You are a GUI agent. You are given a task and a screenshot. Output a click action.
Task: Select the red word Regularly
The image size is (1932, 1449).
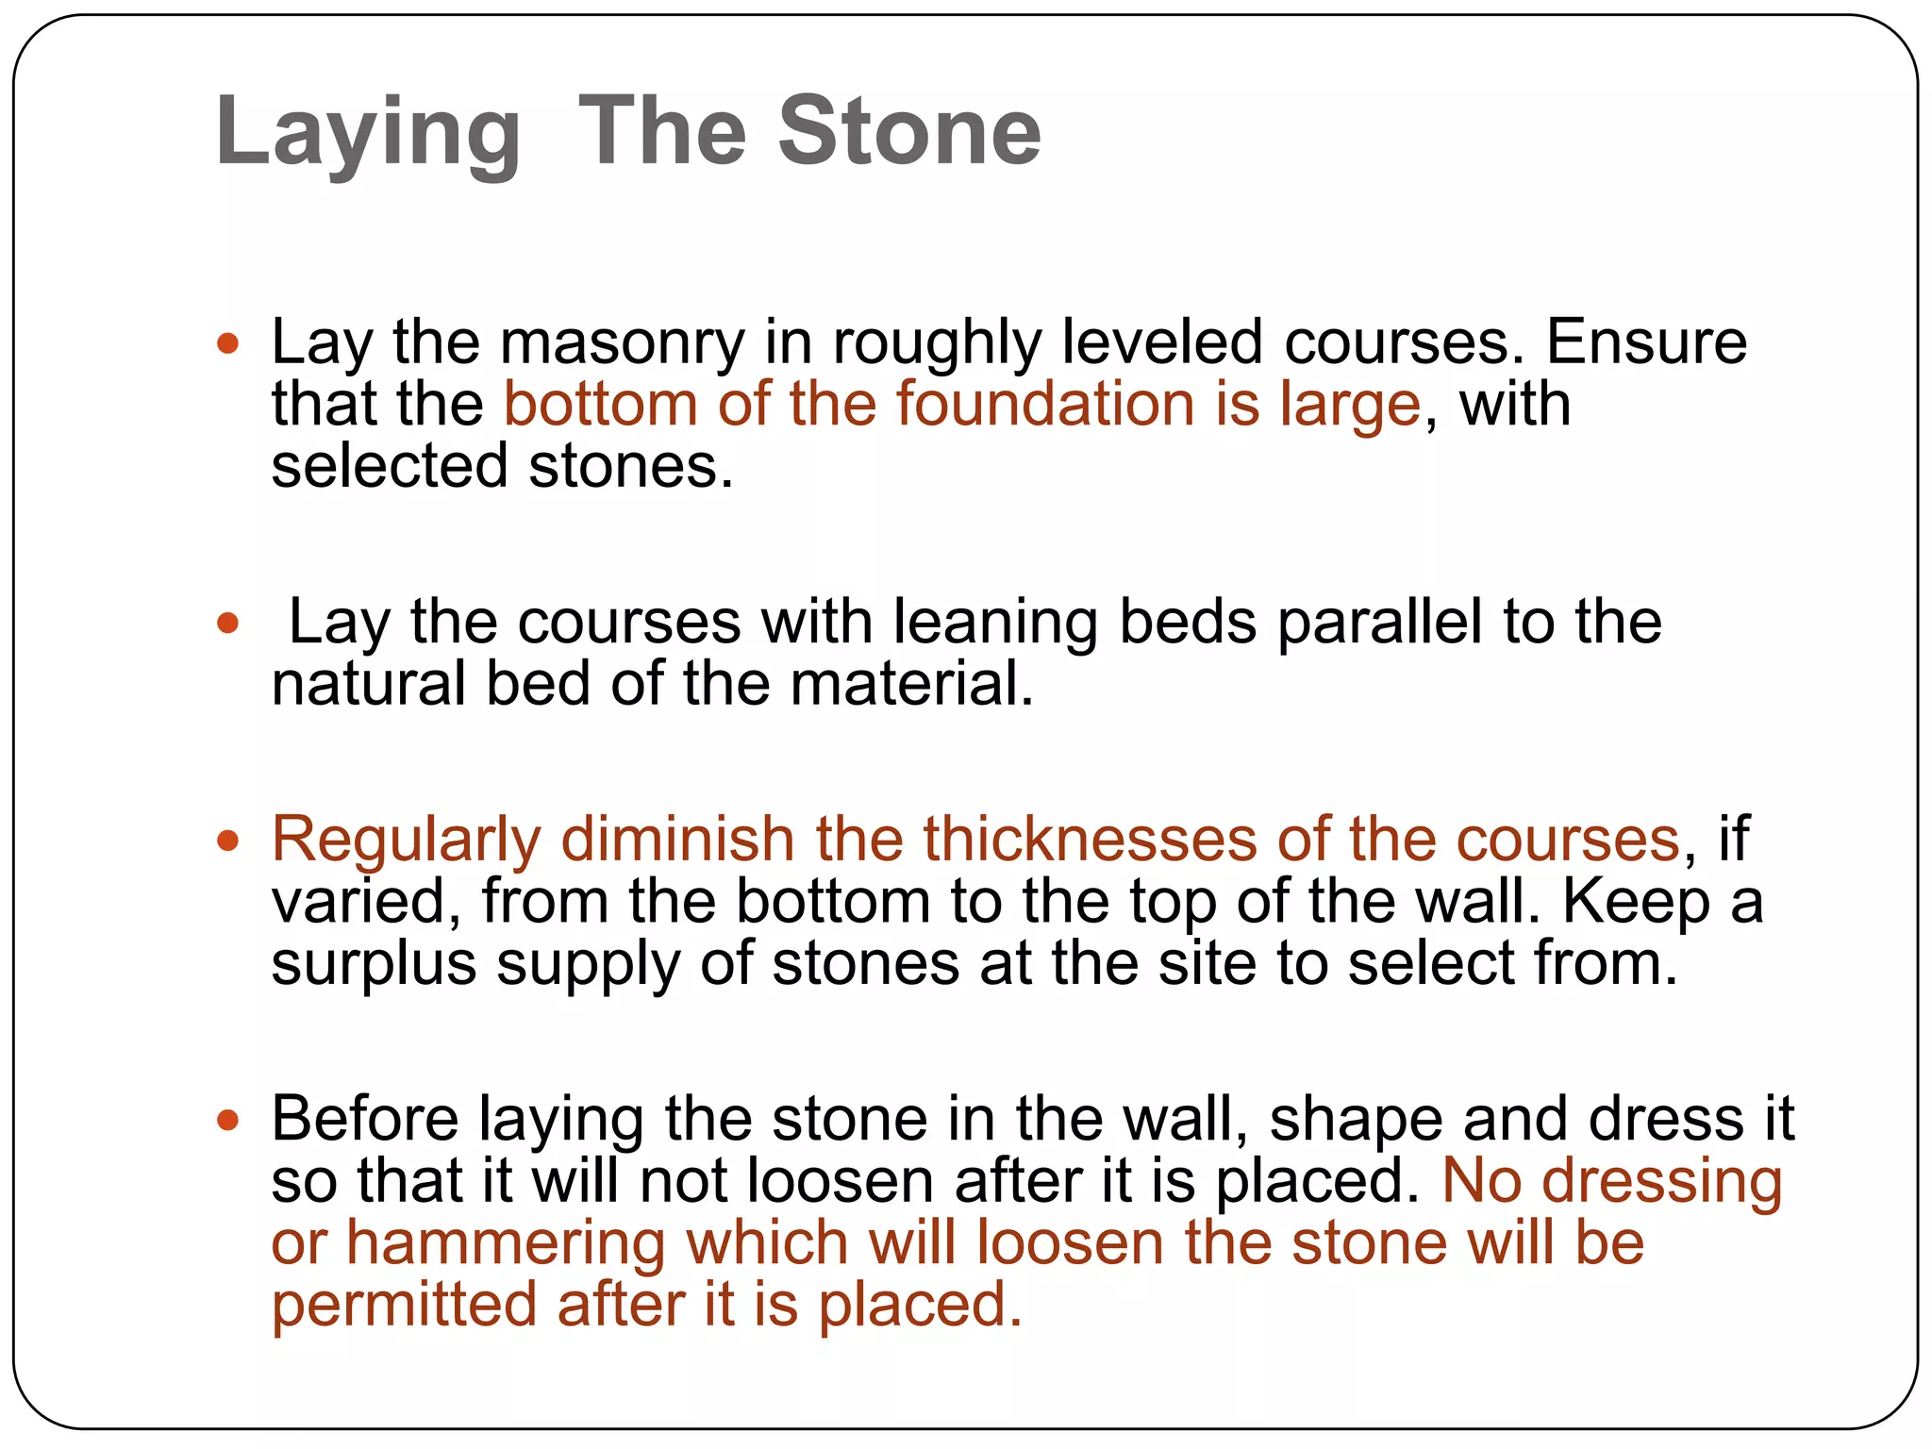click(x=406, y=840)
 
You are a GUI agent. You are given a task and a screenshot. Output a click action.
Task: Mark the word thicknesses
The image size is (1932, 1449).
click(x=1090, y=839)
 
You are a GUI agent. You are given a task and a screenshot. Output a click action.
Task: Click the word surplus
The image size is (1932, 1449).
click(x=374, y=964)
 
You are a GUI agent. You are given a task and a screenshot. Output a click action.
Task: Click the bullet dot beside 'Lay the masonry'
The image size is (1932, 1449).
click(x=227, y=343)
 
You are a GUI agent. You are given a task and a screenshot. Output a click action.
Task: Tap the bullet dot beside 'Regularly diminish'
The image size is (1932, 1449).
click(x=227, y=841)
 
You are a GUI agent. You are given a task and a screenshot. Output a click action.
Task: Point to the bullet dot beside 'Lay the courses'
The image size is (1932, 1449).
click(x=227, y=624)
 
